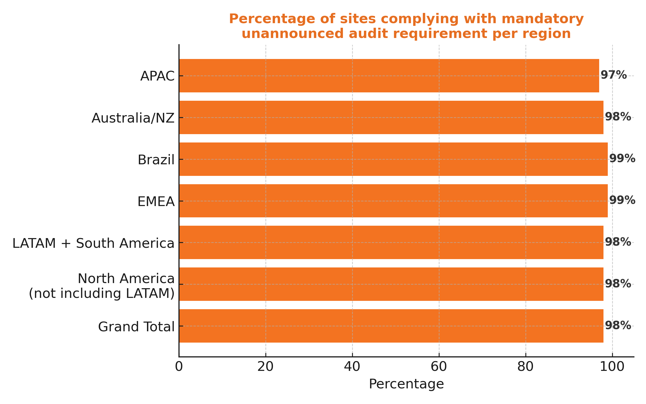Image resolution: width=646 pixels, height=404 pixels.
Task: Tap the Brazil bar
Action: click(x=393, y=159)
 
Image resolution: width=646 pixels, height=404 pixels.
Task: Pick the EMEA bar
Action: click(x=393, y=201)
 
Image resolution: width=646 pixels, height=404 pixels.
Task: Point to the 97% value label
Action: click(x=613, y=75)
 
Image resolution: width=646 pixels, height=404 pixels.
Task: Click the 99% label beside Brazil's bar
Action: click(x=622, y=159)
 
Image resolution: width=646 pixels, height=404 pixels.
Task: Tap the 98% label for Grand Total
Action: click(x=618, y=326)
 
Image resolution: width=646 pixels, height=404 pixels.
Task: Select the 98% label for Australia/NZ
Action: click(x=618, y=117)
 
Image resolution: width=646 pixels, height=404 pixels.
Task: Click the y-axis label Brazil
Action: click(x=156, y=160)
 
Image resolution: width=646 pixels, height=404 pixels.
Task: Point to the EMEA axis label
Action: click(x=156, y=202)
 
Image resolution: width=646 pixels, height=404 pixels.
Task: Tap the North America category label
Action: click(x=126, y=279)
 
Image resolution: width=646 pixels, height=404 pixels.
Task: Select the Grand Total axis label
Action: click(x=136, y=327)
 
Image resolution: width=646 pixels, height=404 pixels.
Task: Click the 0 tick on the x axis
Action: click(x=179, y=367)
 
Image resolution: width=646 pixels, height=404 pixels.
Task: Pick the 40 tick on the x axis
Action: click(x=352, y=367)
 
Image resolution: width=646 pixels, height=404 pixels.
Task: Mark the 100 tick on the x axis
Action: click(x=612, y=367)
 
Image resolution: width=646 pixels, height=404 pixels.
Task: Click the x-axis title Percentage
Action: click(x=406, y=384)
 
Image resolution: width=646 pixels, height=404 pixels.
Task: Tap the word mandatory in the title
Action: click(x=543, y=19)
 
